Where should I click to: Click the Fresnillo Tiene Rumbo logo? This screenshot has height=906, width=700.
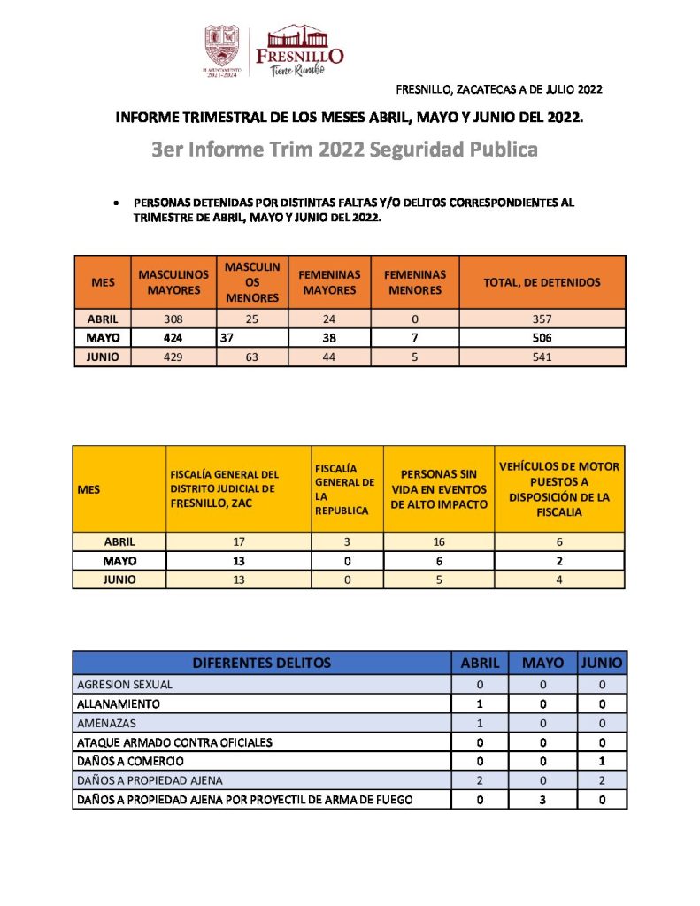coord(299,50)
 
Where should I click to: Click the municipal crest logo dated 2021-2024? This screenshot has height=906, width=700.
coord(221,51)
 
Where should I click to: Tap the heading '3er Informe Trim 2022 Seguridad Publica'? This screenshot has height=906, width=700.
coord(344,150)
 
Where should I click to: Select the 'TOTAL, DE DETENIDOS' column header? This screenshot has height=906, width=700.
coord(542,282)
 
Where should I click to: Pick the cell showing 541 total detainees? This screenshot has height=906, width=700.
coord(542,357)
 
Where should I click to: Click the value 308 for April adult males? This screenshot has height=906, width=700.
coord(173,318)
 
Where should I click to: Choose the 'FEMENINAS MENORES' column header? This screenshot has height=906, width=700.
coord(414,282)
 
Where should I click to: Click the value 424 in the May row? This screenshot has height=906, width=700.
coord(173,338)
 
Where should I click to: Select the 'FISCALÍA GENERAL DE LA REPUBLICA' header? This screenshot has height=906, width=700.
coord(346,488)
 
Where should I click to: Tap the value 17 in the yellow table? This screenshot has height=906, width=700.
coord(238,541)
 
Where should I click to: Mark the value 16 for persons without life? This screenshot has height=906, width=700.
coord(438,541)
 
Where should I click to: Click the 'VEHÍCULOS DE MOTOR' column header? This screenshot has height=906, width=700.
coord(559,488)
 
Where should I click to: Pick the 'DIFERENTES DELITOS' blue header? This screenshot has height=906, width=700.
coord(261,663)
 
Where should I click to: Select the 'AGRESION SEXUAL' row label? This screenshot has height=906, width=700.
coord(125,684)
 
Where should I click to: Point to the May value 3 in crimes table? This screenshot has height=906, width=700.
coord(542,800)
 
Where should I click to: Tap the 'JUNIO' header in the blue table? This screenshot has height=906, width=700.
coord(602,663)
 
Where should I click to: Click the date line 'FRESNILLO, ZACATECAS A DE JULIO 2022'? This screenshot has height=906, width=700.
coord(499,89)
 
